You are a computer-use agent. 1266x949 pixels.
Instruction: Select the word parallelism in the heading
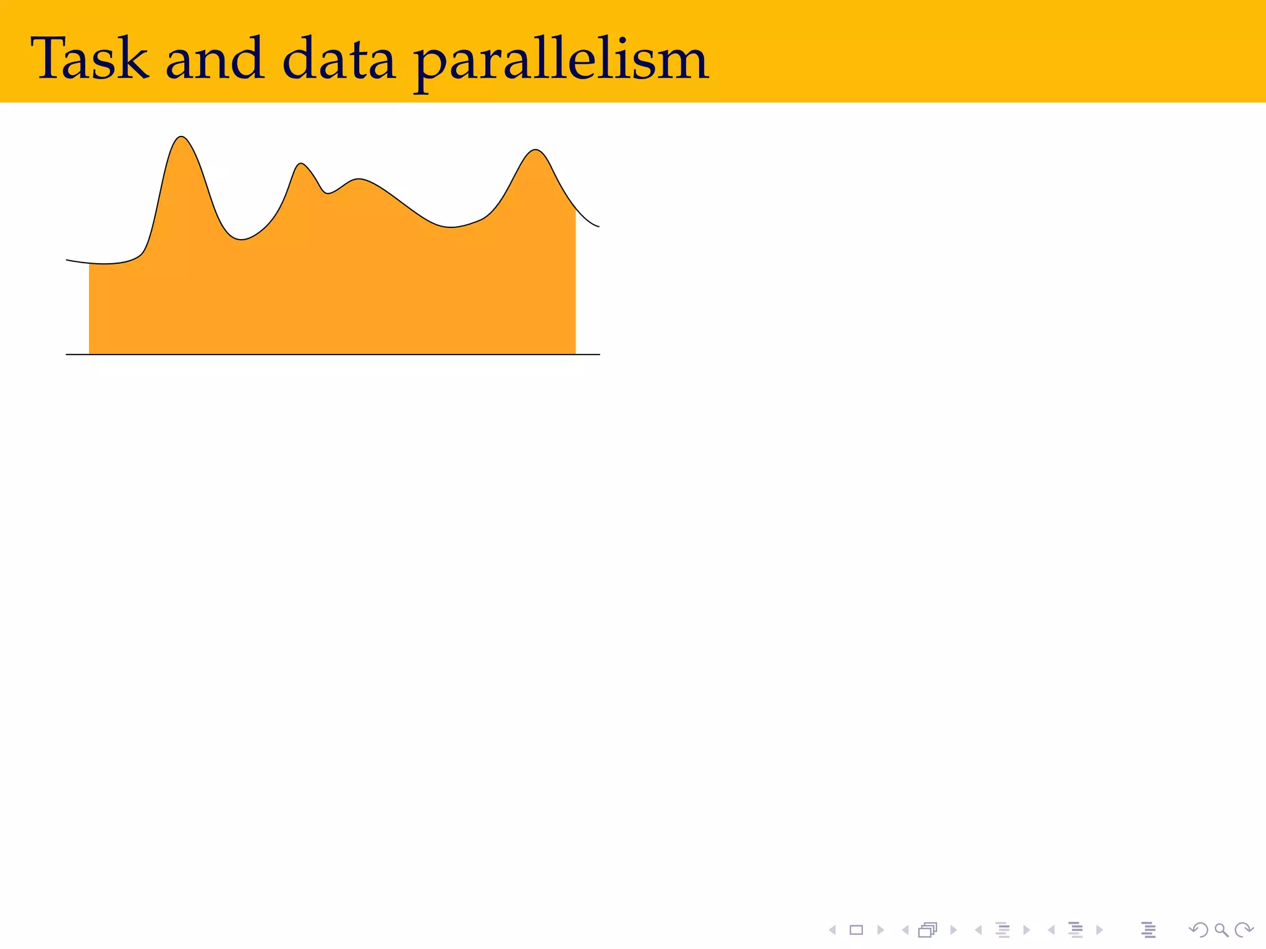(560, 62)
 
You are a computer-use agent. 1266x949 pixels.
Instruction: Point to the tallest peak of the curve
(181, 137)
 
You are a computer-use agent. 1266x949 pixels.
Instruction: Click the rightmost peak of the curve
(535, 150)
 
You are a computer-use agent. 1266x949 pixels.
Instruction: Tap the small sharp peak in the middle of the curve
(301, 164)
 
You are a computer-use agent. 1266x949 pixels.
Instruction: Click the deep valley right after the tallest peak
(241, 238)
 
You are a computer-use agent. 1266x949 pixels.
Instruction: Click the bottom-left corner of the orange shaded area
(90, 353)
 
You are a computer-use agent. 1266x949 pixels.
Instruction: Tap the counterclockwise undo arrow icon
(1198, 930)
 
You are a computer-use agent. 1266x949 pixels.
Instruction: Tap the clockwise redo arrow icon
(1243, 930)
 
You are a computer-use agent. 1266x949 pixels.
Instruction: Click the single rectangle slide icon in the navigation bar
(856, 930)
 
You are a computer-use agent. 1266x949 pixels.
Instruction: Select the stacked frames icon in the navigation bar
(927, 930)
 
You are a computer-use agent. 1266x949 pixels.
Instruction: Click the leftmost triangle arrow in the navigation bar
(833, 930)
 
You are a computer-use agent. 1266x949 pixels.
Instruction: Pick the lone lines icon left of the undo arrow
(1149, 930)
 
